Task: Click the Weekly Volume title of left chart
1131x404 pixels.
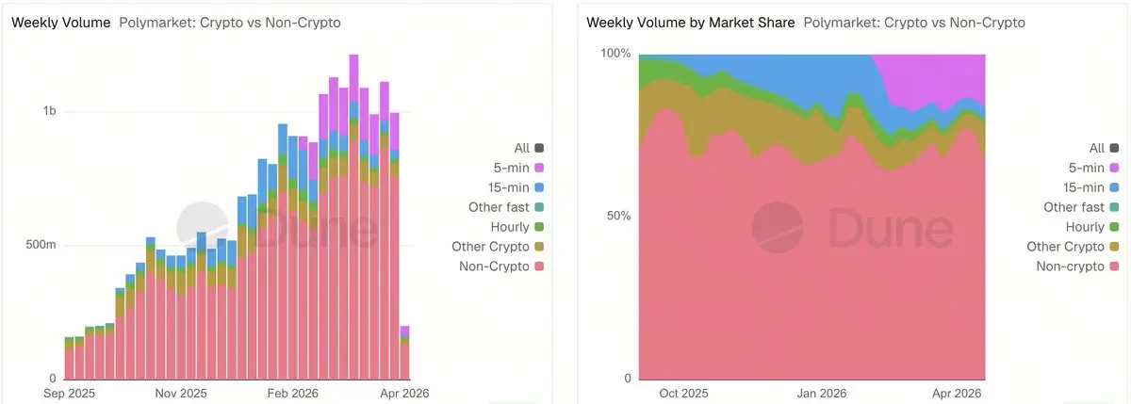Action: point(60,22)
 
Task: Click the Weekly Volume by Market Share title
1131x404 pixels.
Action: point(690,22)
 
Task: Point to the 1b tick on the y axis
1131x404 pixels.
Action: point(49,111)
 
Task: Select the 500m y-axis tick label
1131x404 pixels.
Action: point(39,246)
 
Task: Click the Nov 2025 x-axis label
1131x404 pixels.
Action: point(180,393)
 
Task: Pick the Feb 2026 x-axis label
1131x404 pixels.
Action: point(292,393)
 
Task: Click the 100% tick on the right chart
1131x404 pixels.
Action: point(615,53)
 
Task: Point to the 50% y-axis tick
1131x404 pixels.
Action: point(618,216)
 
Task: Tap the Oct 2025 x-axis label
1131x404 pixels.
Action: point(683,393)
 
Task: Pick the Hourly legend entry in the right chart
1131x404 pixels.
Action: point(1086,227)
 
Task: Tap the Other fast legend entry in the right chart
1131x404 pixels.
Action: point(1074,207)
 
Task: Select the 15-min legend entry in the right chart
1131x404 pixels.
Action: point(1083,187)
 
